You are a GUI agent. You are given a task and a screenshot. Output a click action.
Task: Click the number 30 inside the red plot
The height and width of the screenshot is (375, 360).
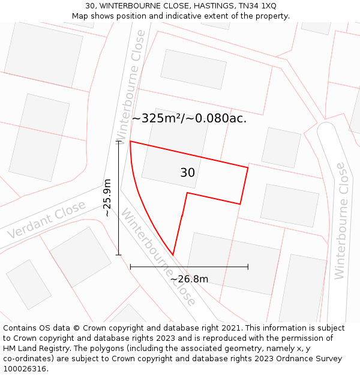point(187,173)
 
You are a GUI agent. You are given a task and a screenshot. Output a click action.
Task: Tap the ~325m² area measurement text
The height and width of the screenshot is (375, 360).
point(157,118)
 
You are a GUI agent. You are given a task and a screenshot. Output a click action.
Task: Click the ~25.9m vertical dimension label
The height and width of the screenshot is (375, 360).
point(107,197)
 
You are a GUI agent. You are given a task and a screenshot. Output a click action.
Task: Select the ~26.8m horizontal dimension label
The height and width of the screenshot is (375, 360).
point(189,278)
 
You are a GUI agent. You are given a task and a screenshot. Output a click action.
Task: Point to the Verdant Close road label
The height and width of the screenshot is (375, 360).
point(47,220)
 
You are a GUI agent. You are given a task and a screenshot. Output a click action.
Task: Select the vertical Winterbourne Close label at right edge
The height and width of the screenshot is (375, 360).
point(341,220)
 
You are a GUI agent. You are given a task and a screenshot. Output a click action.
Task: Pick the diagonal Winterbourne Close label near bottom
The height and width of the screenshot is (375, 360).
point(159,257)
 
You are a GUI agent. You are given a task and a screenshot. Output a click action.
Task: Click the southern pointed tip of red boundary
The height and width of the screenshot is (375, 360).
point(173,255)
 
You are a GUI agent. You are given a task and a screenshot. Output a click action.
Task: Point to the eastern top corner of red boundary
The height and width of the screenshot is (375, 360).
point(248,168)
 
